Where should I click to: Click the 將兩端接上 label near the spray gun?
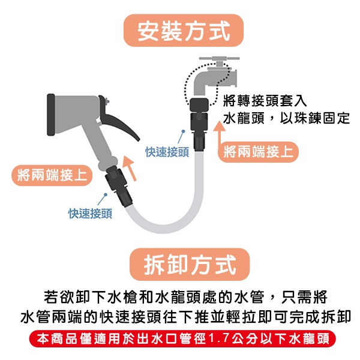(x=51, y=176)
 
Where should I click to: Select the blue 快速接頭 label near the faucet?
(x=167, y=152)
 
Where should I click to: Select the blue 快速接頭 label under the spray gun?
(x=89, y=213)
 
